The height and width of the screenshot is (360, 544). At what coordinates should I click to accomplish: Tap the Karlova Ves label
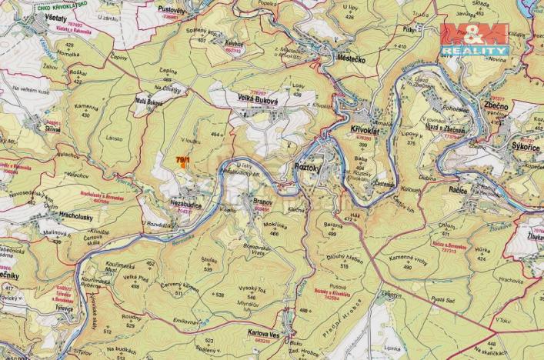pyautogui.click(x=264, y=335)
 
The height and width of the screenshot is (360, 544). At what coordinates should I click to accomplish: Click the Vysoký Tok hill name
pyautogui.click(x=252, y=288)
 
